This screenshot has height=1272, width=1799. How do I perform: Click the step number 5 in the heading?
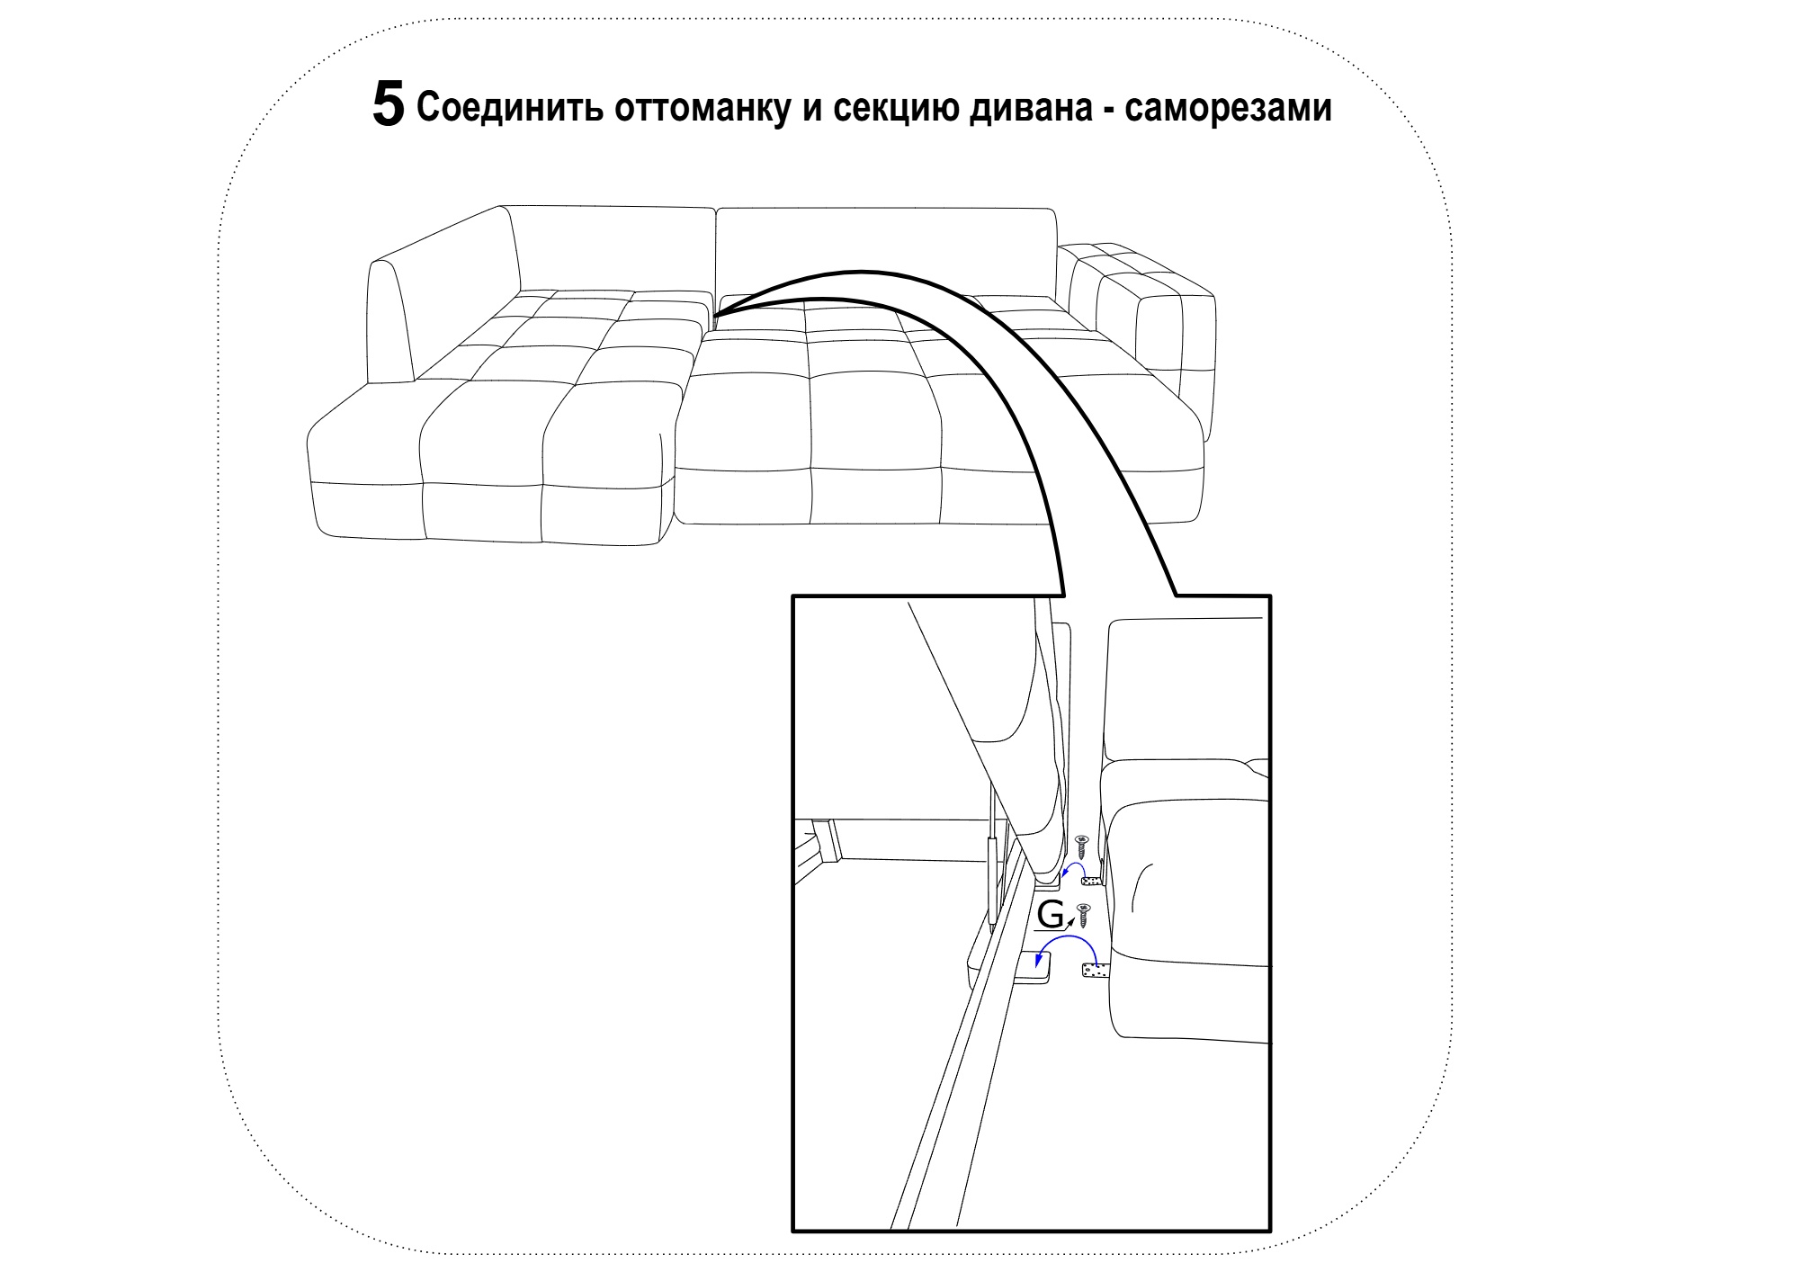pos(389,104)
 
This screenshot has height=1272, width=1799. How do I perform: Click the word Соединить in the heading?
pos(510,108)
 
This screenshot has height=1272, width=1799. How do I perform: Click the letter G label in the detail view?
pos(1050,914)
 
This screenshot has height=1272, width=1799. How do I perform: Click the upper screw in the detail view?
pos(1081,847)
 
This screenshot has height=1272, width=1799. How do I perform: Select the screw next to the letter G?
pos(1083,916)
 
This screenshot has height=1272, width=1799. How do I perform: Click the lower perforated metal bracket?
pos(1096,971)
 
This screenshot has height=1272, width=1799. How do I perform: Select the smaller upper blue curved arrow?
pos(1072,864)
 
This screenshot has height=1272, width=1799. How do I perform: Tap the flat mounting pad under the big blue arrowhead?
pos(1037,966)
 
